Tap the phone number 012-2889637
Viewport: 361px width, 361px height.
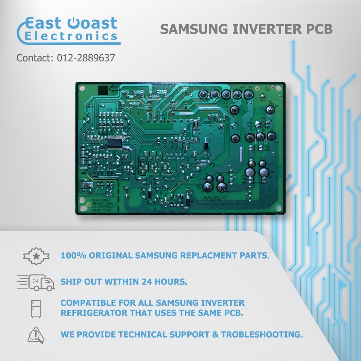(x=86, y=58)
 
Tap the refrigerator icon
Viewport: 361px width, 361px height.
(x=36, y=308)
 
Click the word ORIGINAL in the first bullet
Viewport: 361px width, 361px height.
(x=112, y=256)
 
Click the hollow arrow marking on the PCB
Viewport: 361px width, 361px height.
(x=114, y=89)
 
